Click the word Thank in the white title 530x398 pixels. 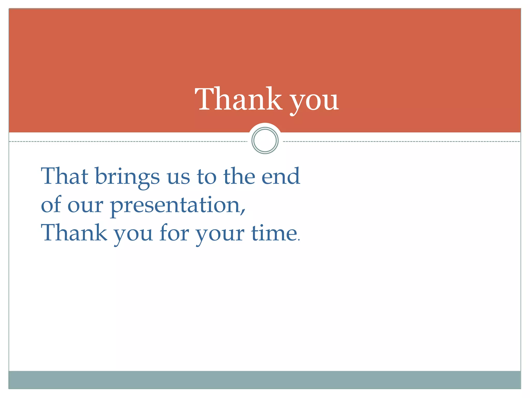pyautogui.click(x=238, y=99)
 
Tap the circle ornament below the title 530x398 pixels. pyautogui.click(x=265, y=140)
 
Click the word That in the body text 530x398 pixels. pyautogui.click(x=65, y=176)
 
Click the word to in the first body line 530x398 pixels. pyautogui.click(x=207, y=177)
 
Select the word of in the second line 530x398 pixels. pyautogui.click(x=51, y=204)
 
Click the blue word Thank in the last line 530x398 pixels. pyautogui.click(x=74, y=233)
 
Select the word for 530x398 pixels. pyautogui.click(x=174, y=232)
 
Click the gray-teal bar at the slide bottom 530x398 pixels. pyautogui.click(x=264, y=380)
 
